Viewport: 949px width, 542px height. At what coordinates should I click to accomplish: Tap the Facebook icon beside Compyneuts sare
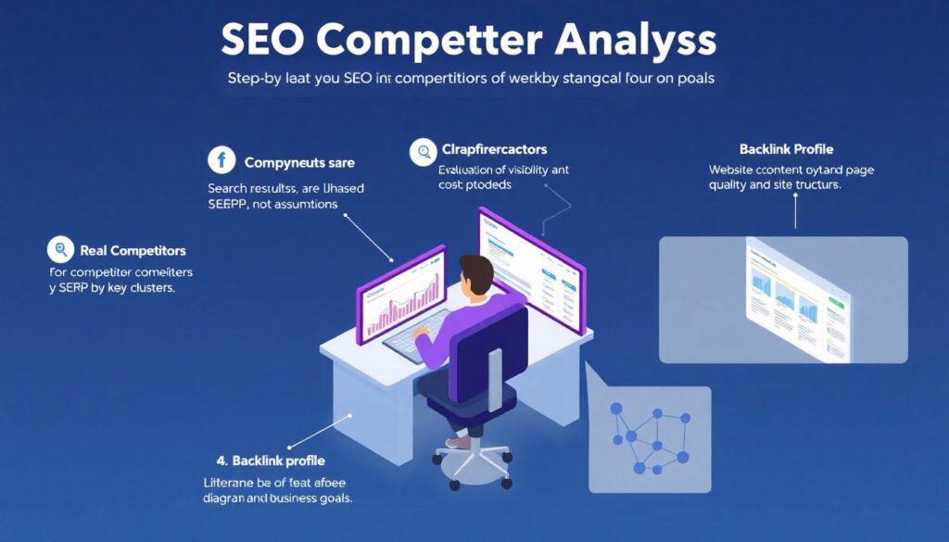pyautogui.click(x=221, y=161)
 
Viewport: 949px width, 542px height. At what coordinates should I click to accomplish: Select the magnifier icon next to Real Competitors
pyautogui.click(x=60, y=249)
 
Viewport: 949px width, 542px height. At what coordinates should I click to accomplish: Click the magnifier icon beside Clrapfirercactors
pyautogui.click(x=424, y=150)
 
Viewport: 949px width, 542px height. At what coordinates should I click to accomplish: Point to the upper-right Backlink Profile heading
pyautogui.click(x=786, y=149)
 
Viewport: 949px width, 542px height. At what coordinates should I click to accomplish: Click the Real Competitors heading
pyautogui.click(x=133, y=250)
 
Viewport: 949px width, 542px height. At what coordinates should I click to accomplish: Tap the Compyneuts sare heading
pyautogui.click(x=299, y=163)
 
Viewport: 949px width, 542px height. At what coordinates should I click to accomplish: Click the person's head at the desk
pyautogui.click(x=478, y=274)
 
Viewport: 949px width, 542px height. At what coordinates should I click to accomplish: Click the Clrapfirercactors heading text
pyautogui.click(x=493, y=149)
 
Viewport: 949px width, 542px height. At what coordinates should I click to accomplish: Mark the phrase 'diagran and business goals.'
pyautogui.click(x=278, y=498)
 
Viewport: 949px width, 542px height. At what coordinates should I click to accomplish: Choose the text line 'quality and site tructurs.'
pyautogui.click(x=774, y=184)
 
